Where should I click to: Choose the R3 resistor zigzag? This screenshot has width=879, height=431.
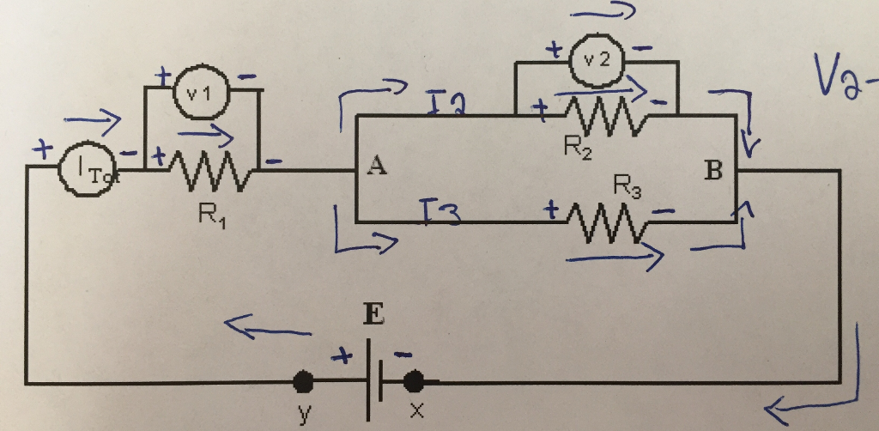611,223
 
